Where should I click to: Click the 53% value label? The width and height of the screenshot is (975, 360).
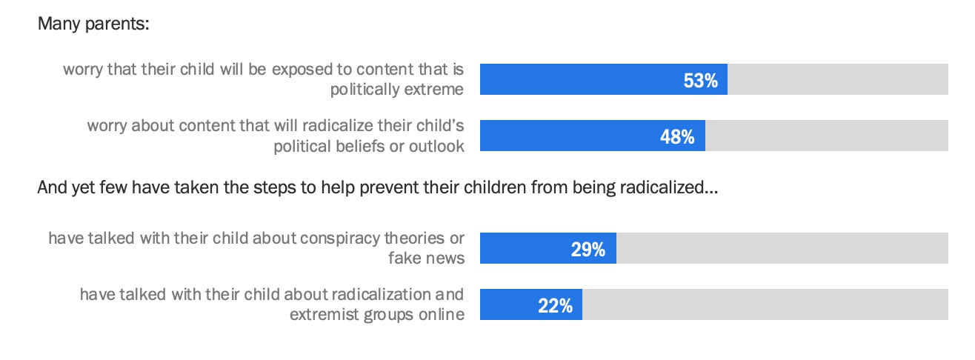(x=700, y=81)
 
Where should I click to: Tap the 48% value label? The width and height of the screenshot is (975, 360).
(x=677, y=137)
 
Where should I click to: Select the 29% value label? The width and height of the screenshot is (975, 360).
(x=588, y=250)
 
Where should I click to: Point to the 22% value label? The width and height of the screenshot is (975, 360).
(x=555, y=306)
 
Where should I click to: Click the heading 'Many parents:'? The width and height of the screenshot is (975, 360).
(x=93, y=24)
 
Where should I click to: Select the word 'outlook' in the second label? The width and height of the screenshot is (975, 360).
(x=439, y=146)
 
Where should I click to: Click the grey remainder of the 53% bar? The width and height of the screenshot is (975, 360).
(x=837, y=79)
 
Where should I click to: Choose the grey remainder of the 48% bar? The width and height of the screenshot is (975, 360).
(x=826, y=136)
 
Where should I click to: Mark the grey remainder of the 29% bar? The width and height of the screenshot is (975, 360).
(x=782, y=248)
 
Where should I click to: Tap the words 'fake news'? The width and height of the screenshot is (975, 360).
(x=426, y=258)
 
